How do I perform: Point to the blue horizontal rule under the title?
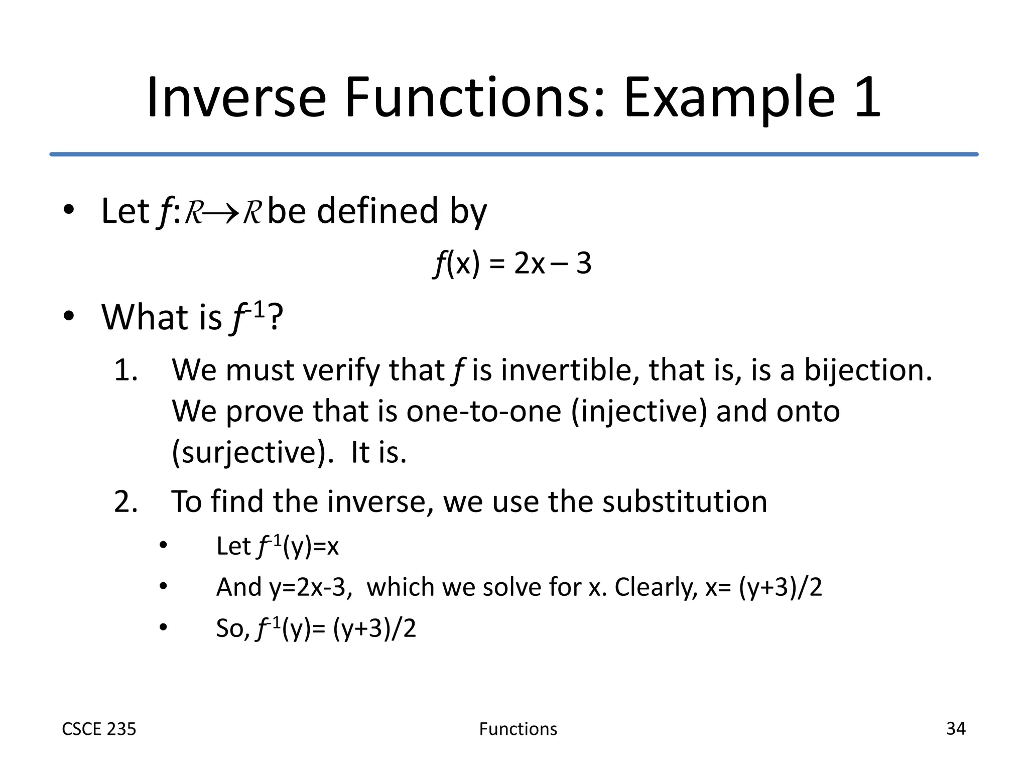click(x=514, y=154)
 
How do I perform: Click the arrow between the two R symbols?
click(x=221, y=213)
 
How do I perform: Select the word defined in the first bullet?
click(x=377, y=211)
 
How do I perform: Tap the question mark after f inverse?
click(x=276, y=317)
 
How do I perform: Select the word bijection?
click(x=868, y=370)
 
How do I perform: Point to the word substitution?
click(x=685, y=501)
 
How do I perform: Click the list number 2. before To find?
click(x=125, y=501)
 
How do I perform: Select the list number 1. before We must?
click(x=125, y=370)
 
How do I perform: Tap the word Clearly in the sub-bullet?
click(x=656, y=587)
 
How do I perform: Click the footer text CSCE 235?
click(x=99, y=729)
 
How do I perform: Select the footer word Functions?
click(x=518, y=729)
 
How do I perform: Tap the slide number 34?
click(x=956, y=728)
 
